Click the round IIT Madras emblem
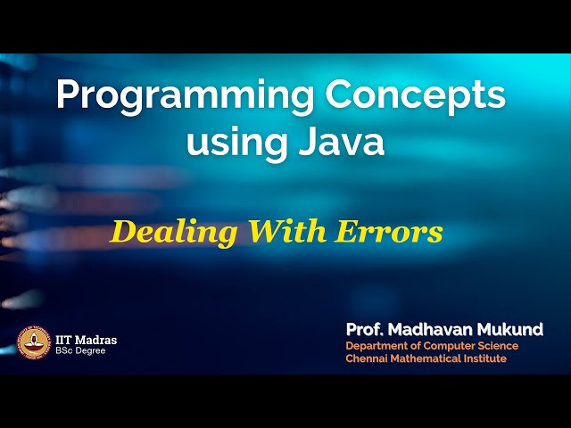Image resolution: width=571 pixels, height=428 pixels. click(x=34, y=343)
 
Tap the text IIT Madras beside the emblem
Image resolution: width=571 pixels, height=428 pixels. click(x=86, y=340)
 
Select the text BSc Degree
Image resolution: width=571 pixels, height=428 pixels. click(x=79, y=351)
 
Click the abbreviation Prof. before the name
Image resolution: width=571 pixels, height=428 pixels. click(x=365, y=330)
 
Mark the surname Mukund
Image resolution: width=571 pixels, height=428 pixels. click(x=514, y=330)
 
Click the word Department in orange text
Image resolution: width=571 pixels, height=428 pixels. click(x=378, y=346)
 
